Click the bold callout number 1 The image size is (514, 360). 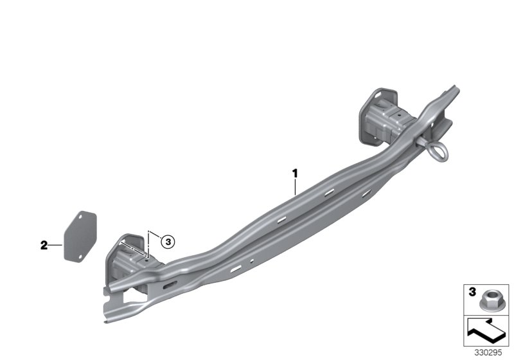295,173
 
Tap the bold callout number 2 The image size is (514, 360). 44,245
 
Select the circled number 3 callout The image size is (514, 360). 168,242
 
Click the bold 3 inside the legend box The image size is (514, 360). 472,292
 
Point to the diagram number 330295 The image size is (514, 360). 488,353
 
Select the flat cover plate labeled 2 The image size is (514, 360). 80,237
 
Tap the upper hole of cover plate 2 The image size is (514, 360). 80,217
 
